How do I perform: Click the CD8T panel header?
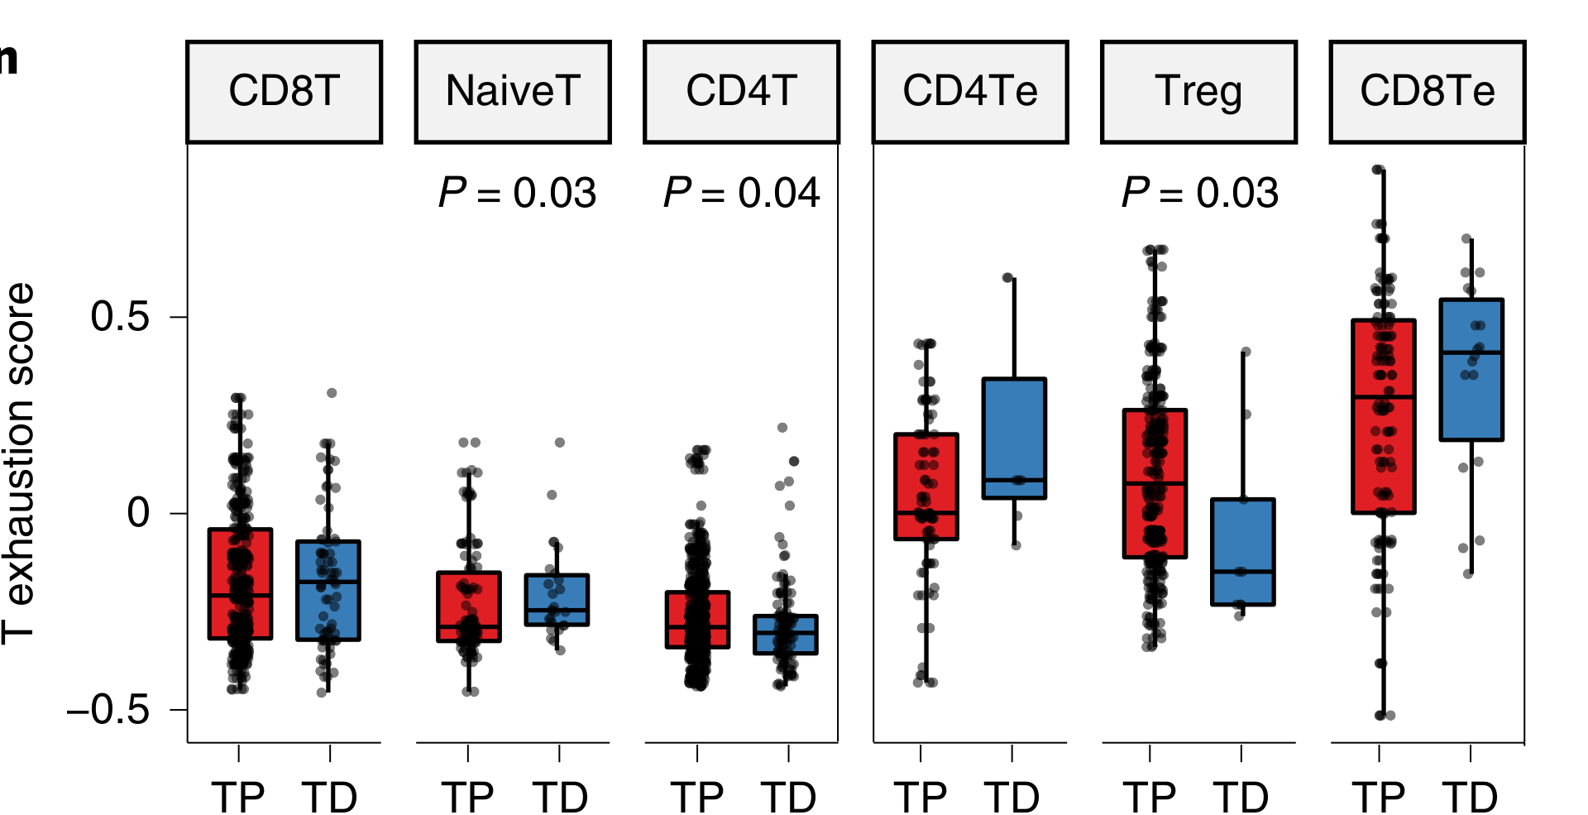coord(284,92)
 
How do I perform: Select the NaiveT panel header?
coord(513,92)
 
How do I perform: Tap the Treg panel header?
coord(1198,92)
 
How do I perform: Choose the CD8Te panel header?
coord(1428,92)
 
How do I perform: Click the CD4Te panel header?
coord(970,92)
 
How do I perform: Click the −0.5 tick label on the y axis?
coord(108,710)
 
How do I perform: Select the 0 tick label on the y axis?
coord(138,513)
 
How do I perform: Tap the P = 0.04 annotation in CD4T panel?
coord(741,194)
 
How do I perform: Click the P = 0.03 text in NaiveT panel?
coord(517,194)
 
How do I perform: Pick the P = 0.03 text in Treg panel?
coord(1200,194)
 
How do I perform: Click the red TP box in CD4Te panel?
coord(926,487)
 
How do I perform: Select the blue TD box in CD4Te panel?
coord(1014,439)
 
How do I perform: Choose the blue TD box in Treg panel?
coord(1242,552)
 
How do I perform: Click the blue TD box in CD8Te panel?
coord(1471,369)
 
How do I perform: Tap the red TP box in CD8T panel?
coord(240,583)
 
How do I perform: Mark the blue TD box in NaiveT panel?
coord(557,600)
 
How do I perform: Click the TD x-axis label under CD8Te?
coord(1471,797)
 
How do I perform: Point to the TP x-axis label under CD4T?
coord(697,797)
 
